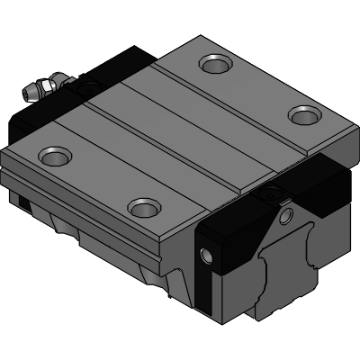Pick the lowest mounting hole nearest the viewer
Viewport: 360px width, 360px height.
(144, 208)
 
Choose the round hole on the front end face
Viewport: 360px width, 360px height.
(286, 216)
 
